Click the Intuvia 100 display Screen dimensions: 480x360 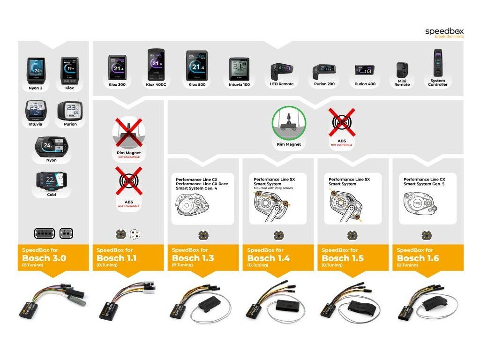coord(239,69)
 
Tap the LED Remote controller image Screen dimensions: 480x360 coord(282,72)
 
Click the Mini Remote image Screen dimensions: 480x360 coord(402,71)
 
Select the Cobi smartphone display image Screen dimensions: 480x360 coord(51,180)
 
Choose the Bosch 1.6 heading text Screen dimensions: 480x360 coord(418,258)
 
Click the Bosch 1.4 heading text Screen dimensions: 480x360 coord(268,258)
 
